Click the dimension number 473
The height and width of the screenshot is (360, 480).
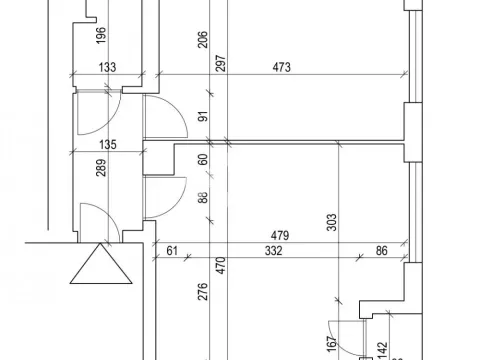[282, 68]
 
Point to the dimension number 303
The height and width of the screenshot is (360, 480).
[332, 222]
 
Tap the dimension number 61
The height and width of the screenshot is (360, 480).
[172, 251]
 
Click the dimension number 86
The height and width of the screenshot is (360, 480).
[381, 251]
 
